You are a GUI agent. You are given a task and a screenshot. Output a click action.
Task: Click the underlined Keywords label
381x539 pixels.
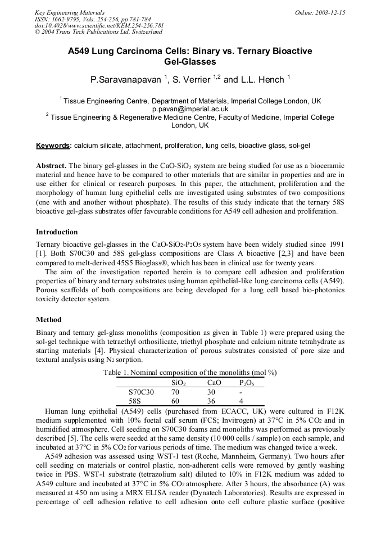click(x=53, y=146)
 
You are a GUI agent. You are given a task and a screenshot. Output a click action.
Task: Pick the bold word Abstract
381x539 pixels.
click(x=51, y=166)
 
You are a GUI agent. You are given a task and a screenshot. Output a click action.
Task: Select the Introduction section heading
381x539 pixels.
click(x=57, y=232)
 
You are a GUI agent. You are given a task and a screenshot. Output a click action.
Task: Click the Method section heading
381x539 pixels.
click(x=49, y=319)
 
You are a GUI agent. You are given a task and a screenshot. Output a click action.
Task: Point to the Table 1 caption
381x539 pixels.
click(x=190, y=373)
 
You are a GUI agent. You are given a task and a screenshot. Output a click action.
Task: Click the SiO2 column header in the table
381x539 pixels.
click(x=178, y=382)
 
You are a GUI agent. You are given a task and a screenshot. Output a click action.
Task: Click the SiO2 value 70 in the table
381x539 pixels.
click(x=175, y=392)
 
